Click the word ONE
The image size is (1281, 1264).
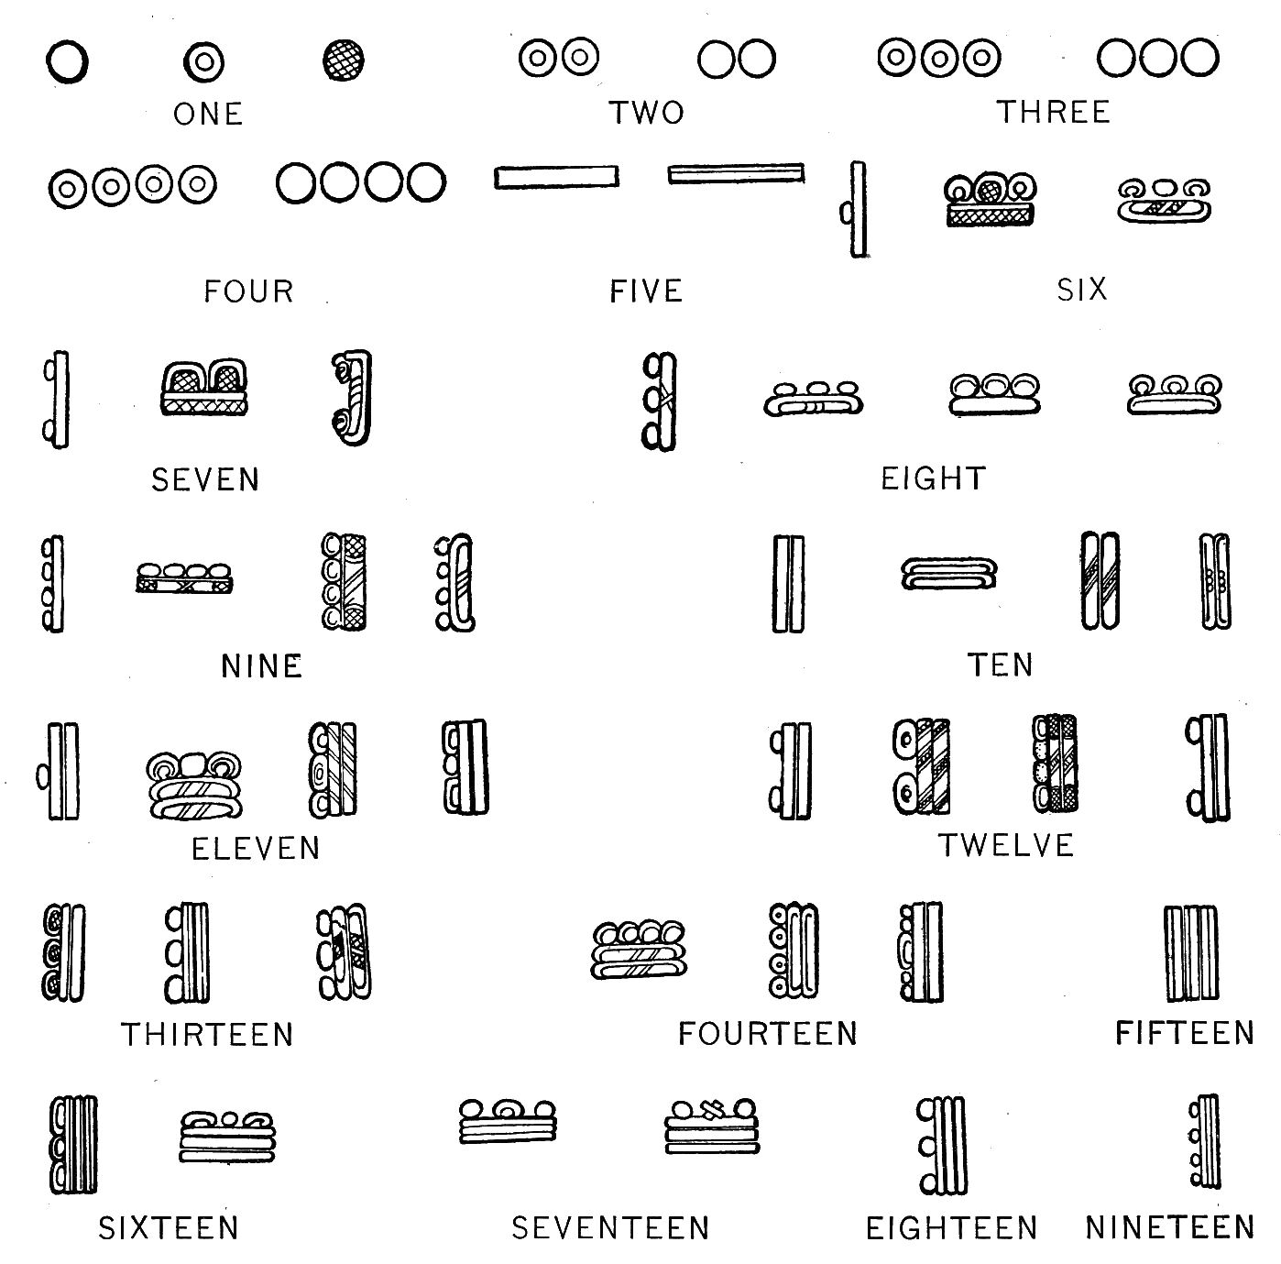(x=208, y=115)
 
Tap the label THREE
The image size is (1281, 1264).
(x=1053, y=112)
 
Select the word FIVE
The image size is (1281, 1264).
(x=646, y=291)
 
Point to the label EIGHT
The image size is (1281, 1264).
(x=934, y=478)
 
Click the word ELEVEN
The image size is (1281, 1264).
(x=256, y=849)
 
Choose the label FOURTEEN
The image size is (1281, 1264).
(x=768, y=1034)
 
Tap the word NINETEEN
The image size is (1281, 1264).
(x=1170, y=1228)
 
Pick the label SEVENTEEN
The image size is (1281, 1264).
(x=610, y=1228)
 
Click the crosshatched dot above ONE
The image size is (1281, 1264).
(x=343, y=60)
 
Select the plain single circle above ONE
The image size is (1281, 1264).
(x=67, y=61)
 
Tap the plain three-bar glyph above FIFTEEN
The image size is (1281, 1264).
(x=1191, y=952)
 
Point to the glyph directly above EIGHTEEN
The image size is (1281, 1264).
(x=942, y=1145)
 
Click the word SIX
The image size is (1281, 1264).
(x=1081, y=290)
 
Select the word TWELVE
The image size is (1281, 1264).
(x=1006, y=845)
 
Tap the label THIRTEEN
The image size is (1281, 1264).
(x=207, y=1035)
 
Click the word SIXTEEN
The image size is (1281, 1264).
(x=169, y=1228)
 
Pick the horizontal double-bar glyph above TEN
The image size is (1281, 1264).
(x=948, y=574)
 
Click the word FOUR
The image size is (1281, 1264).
(x=248, y=291)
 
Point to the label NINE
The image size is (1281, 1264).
(x=261, y=666)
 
